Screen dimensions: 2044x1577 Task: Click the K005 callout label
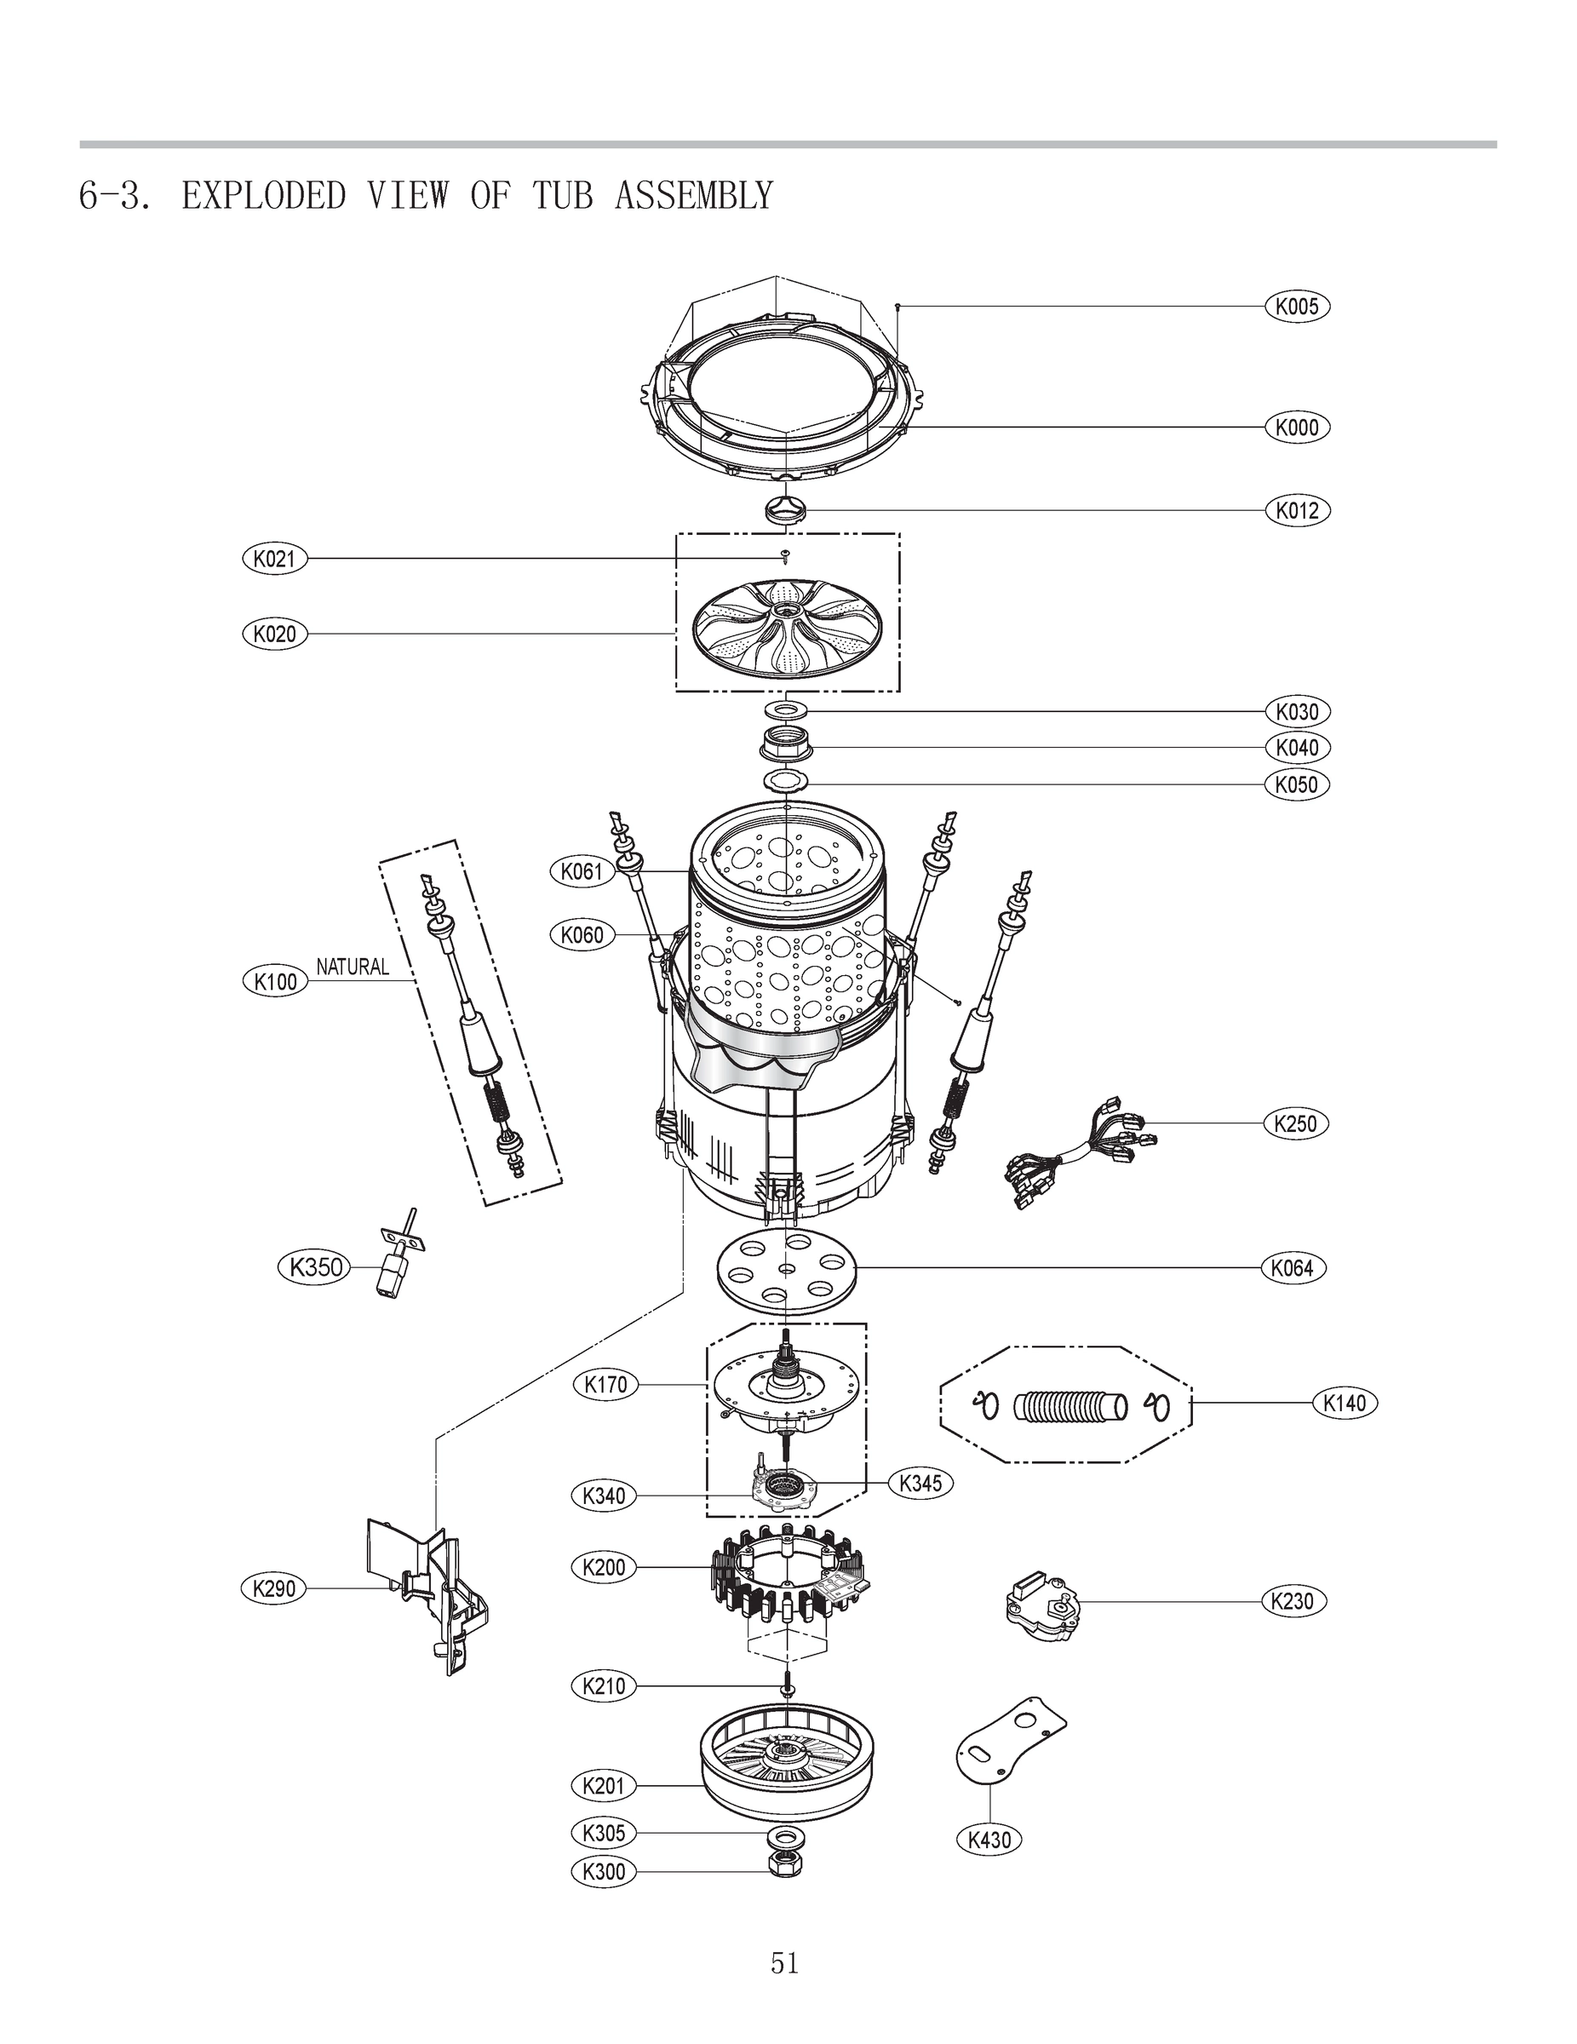coord(1296,306)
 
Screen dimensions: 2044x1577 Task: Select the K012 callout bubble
coord(1296,510)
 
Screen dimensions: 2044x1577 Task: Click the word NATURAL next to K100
coord(352,967)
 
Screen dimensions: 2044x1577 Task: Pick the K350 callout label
coord(315,1268)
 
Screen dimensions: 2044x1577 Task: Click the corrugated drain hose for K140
coord(1066,1404)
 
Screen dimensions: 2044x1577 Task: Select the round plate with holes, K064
coord(786,1269)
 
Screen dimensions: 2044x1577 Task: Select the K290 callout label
coord(274,1588)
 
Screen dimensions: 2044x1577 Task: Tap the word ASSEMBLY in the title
coord(693,196)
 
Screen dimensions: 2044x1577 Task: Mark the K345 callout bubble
coord(920,1483)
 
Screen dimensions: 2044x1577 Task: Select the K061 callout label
coord(582,871)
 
